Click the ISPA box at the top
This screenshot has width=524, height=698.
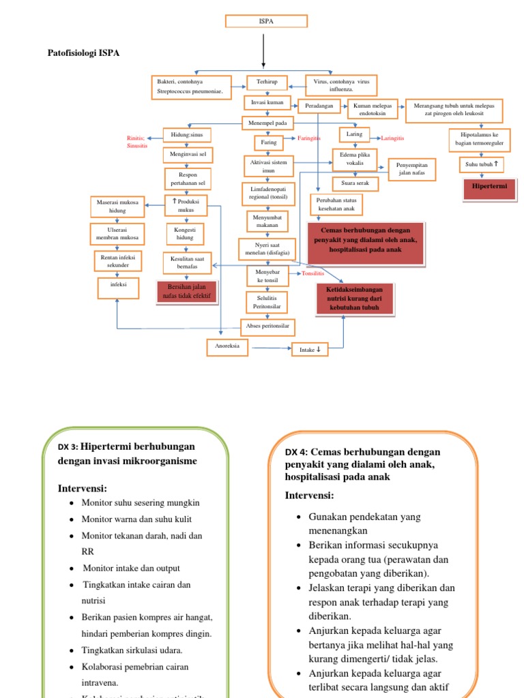pos(266,22)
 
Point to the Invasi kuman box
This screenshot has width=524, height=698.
pos(267,103)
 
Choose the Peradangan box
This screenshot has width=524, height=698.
pos(319,106)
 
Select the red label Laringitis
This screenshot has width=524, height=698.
pos(392,138)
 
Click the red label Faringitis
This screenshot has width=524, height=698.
pos(309,138)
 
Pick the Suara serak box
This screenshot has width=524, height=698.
pos(355,183)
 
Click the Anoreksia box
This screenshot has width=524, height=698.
pos(227,348)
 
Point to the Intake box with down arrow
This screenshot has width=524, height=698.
pos(310,350)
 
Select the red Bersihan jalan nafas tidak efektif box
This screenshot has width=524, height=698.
pos(187,292)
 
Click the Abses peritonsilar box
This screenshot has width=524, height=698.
pos(267,327)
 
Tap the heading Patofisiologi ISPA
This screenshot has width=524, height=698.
pos(83,52)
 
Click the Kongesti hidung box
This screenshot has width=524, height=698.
pos(186,234)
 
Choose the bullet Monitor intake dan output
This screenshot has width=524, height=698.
pos(131,568)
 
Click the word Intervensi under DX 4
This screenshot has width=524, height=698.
pos(309,495)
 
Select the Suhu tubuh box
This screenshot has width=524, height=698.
pos(482,164)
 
